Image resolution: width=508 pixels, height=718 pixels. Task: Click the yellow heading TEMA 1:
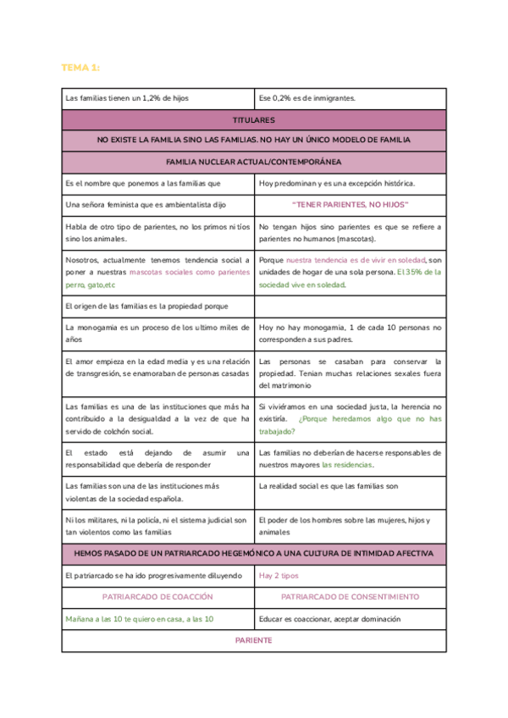click(81, 67)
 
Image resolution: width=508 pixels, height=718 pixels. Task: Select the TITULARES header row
click(253, 120)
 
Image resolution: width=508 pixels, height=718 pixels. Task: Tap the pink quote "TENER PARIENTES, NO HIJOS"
click(350, 205)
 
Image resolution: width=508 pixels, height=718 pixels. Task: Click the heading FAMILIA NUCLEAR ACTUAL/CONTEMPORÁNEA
click(253, 162)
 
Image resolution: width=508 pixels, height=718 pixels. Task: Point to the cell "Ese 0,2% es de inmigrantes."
click(307, 98)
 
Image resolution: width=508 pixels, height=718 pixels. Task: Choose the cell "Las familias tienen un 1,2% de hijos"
click(127, 98)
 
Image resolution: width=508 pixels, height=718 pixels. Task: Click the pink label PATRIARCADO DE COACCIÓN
click(157, 597)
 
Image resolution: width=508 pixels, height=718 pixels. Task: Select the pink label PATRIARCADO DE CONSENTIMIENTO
click(350, 597)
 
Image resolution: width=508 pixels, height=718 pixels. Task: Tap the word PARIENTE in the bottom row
click(253, 640)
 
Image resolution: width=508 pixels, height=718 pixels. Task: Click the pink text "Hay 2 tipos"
click(279, 576)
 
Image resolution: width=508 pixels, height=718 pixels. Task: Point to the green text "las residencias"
click(347, 465)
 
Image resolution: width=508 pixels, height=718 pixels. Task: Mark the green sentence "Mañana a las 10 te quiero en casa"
click(140, 619)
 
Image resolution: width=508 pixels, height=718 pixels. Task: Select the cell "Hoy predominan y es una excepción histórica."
click(336, 183)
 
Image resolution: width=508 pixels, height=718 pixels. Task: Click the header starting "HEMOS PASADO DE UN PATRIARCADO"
click(253, 554)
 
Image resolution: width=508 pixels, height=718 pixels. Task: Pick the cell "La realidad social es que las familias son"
click(329, 487)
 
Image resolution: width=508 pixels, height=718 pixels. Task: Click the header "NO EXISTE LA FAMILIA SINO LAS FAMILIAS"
click(253, 140)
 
